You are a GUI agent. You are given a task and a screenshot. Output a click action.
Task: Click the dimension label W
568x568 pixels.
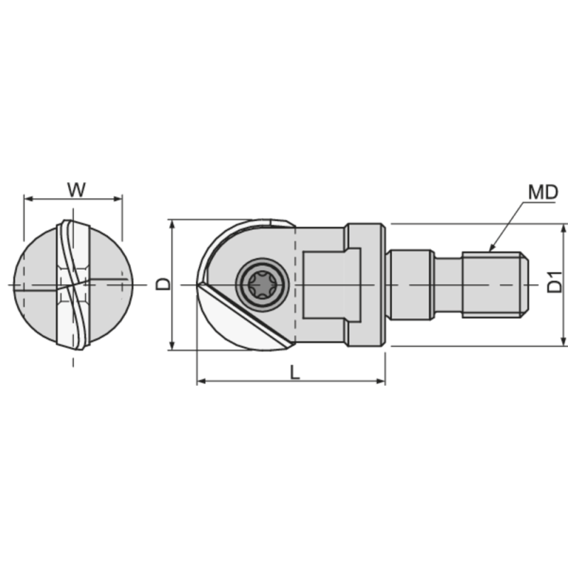coord(76,190)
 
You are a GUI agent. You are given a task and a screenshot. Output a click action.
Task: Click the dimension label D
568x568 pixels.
coord(163,284)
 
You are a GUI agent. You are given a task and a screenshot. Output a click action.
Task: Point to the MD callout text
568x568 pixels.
coord(542,192)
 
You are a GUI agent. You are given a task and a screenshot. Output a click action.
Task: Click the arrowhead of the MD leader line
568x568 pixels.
coord(490,248)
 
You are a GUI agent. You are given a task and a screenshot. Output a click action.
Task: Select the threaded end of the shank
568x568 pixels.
coord(494,285)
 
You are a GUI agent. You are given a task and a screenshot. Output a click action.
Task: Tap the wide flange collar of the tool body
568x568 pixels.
coord(366,285)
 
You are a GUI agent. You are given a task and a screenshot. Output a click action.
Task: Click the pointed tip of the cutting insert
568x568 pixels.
coord(200,285)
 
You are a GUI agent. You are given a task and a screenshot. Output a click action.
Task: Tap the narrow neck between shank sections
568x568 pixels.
coord(447,285)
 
